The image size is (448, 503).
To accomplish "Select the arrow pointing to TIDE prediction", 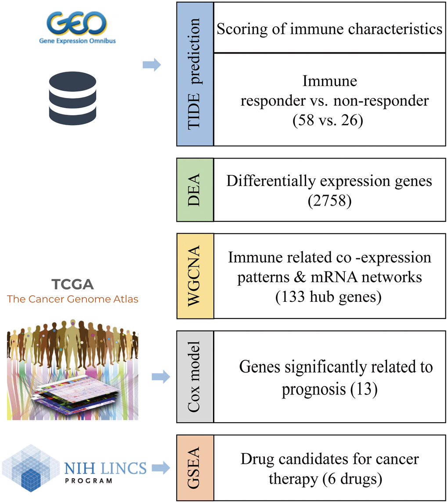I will pyautogui.click(x=152, y=65).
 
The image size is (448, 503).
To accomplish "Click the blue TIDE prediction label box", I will pyautogui.click(x=195, y=74).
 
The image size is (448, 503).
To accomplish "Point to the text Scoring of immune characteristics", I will pyautogui.click(x=329, y=29).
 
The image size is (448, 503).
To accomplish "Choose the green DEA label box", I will pyautogui.click(x=195, y=190).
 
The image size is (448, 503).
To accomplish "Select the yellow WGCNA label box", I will pyautogui.click(x=195, y=275).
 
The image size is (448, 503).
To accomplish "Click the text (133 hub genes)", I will pyautogui.click(x=329, y=297).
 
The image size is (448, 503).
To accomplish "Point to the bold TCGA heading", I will pyautogui.click(x=72, y=284).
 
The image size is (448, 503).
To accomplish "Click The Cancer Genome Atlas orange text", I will pyautogui.click(x=72, y=300).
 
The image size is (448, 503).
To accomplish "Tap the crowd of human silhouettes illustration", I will pyautogui.click(x=72, y=347).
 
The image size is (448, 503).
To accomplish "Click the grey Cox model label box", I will pyautogui.click(x=195, y=376).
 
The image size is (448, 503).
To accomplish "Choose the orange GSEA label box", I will pyautogui.click(x=195, y=468).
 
